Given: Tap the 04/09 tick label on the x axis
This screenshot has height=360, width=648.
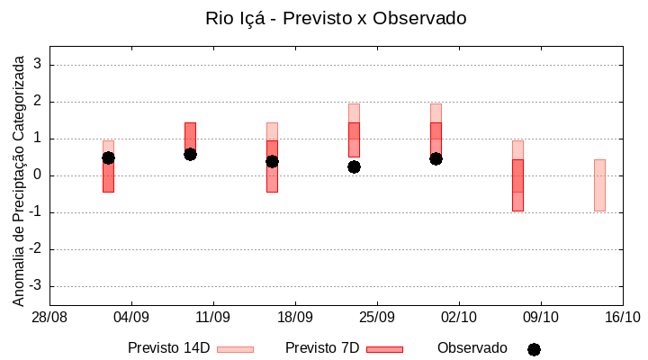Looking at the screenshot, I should point(131,318).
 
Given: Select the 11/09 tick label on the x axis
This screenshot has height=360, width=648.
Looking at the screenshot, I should point(213,318).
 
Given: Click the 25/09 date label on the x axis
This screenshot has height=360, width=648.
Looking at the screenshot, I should point(377,318).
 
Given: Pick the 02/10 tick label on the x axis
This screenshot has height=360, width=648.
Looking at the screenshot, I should point(459,318).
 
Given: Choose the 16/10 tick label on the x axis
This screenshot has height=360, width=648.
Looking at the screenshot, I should point(623,318).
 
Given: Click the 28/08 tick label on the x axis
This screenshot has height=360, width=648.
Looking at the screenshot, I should point(49,318).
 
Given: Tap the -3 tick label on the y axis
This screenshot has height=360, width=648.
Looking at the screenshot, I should point(36,286).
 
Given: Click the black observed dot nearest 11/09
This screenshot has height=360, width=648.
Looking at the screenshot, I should point(190,154).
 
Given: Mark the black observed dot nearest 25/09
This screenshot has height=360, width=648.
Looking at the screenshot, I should point(354,166).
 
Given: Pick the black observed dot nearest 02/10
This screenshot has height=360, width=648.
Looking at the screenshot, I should point(436,158).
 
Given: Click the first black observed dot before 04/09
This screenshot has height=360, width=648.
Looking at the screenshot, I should point(108,157).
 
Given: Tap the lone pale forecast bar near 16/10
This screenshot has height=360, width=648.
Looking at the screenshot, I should point(599,184).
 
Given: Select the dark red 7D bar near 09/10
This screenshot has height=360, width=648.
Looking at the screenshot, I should point(517,184).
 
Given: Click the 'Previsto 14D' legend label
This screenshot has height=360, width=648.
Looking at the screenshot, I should point(168,348).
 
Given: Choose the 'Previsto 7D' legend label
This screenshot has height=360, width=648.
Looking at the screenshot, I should point(322,348).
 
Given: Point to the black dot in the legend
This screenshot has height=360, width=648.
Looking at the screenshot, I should point(534,349).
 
